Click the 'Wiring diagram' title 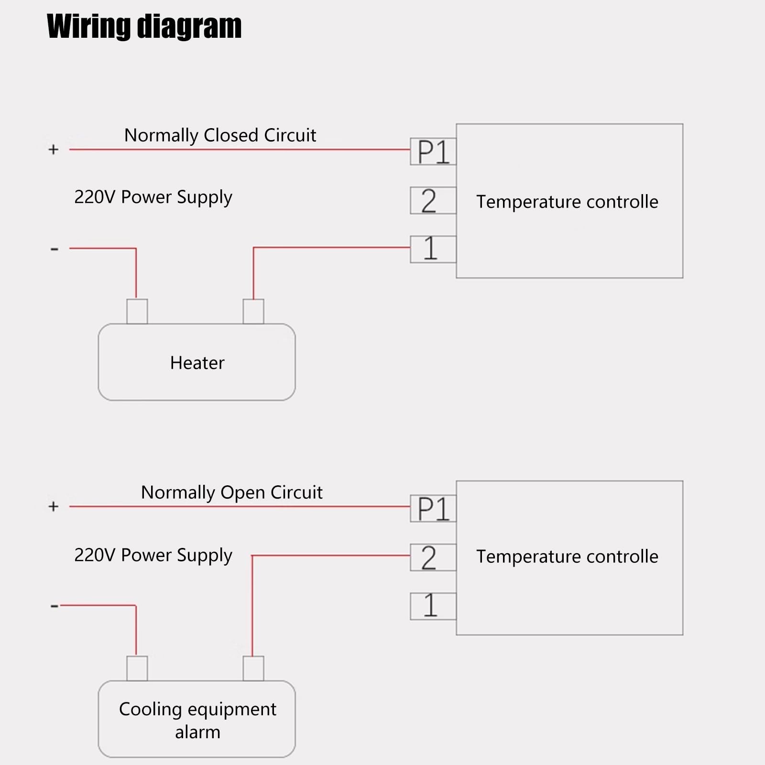pyautogui.click(x=144, y=26)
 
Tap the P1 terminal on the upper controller pyautogui.click(x=433, y=152)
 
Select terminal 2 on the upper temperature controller pyautogui.click(x=433, y=200)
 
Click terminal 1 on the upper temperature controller pyautogui.click(x=433, y=249)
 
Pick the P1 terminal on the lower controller pyautogui.click(x=433, y=509)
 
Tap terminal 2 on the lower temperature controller pyautogui.click(x=433, y=557)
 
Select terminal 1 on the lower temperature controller pyautogui.click(x=433, y=606)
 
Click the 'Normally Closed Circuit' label pyautogui.click(x=220, y=136)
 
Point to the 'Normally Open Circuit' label pyautogui.click(x=231, y=492)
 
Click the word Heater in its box pyautogui.click(x=197, y=363)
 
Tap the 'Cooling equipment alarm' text pyautogui.click(x=197, y=720)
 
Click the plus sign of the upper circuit pyautogui.click(x=54, y=150)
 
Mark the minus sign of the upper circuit pyautogui.click(x=54, y=249)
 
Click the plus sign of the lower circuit pyautogui.click(x=54, y=506)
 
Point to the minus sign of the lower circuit pyautogui.click(x=54, y=606)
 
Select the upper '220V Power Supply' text pyautogui.click(x=153, y=197)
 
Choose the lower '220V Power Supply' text pyautogui.click(x=153, y=555)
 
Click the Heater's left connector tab pyautogui.click(x=137, y=311)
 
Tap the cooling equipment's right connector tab pyautogui.click(x=253, y=668)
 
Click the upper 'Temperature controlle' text pyautogui.click(x=567, y=202)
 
